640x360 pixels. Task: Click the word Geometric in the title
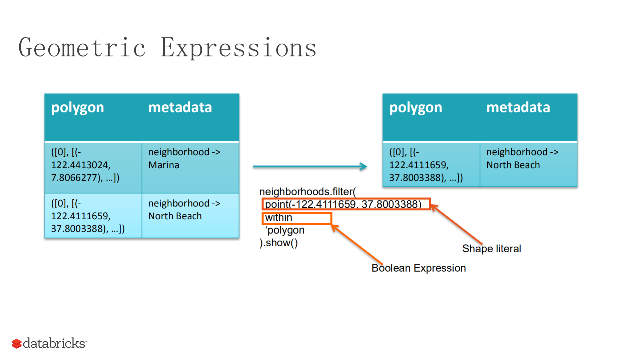tap(82, 48)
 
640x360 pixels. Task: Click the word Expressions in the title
tap(238, 48)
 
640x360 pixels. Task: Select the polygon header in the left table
tap(77, 107)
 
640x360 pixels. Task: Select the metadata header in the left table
tap(180, 107)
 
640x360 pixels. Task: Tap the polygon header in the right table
tap(416, 107)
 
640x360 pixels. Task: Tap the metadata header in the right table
tap(518, 107)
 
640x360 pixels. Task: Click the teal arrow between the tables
tap(309, 166)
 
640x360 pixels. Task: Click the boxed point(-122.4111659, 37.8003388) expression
tap(346, 204)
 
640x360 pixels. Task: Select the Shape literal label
tap(491, 249)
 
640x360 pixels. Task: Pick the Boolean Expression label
tap(419, 268)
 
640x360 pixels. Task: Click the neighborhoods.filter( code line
tap(307, 192)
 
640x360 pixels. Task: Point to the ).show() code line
tap(278, 243)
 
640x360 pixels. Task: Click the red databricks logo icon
tap(17, 343)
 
